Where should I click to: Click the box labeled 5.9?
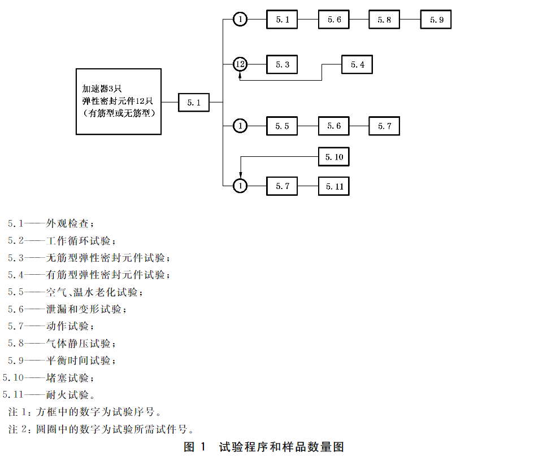(x=436, y=20)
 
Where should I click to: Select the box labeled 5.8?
(x=384, y=20)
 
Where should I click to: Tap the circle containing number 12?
(x=240, y=64)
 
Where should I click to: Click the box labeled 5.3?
(x=282, y=65)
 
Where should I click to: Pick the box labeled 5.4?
(x=357, y=65)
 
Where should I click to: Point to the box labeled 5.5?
(x=282, y=126)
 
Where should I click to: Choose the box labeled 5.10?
(x=334, y=157)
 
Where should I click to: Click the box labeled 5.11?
(x=334, y=186)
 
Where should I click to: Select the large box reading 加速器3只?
(x=119, y=102)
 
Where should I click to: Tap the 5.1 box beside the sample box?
(x=194, y=103)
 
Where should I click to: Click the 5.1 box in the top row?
(x=282, y=20)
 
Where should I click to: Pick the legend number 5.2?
(x=15, y=240)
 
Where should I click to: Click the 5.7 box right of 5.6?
(x=384, y=126)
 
